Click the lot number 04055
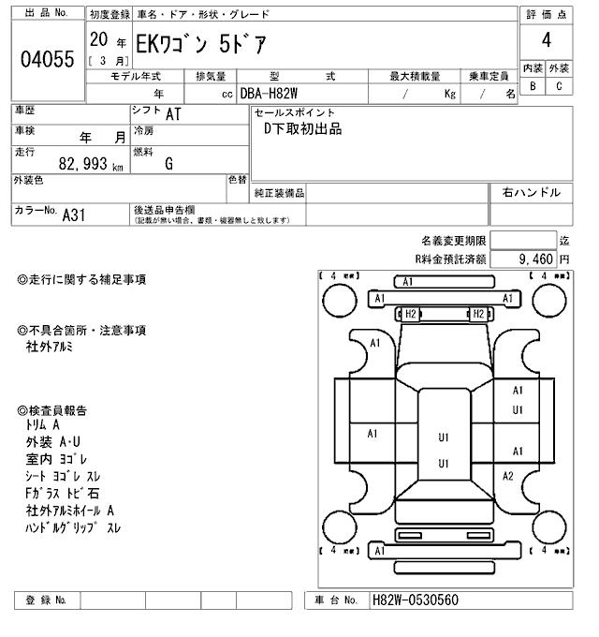(47, 60)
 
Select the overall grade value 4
(546, 39)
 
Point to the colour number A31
(74, 215)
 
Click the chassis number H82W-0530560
(416, 600)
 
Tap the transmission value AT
(173, 115)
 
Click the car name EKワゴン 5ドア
(198, 43)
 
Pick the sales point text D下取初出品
(302, 129)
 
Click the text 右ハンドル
(531, 193)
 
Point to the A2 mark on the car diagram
(508, 476)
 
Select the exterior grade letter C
(559, 86)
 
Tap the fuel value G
(169, 164)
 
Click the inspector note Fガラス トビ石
(63, 493)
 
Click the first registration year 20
(97, 40)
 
